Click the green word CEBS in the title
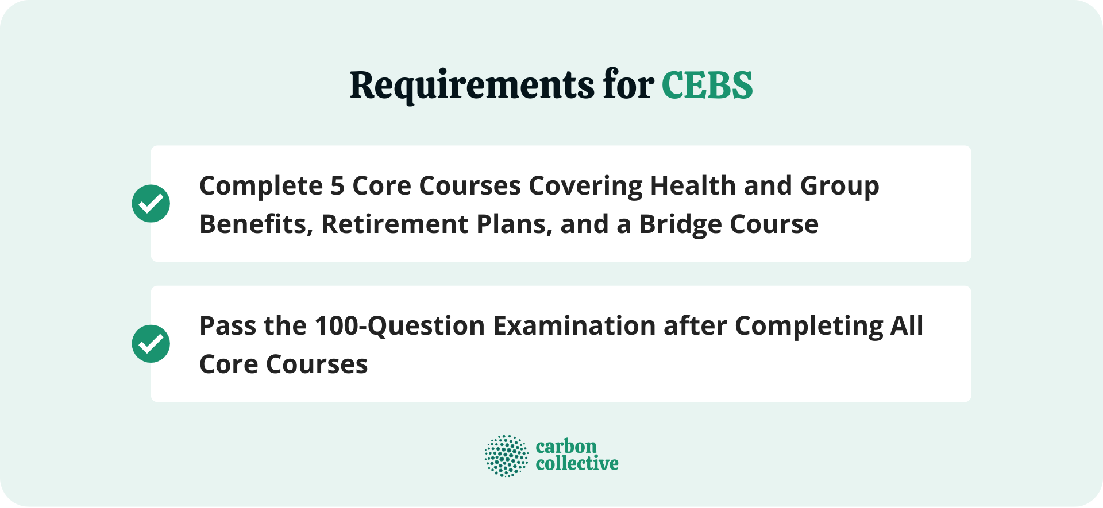(707, 86)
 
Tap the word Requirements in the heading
(472, 86)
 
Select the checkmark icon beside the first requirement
(151, 203)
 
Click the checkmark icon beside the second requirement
(151, 343)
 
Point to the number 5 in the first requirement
(337, 186)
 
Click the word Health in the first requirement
(693, 186)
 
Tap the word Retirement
(395, 224)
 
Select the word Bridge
(672, 224)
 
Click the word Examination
(574, 326)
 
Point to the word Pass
(227, 326)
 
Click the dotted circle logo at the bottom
(506, 456)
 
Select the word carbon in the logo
(566, 447)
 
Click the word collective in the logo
(577, 464)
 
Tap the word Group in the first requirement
(839, 186)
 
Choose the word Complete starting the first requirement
(261, 186)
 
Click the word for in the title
(628, 86)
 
